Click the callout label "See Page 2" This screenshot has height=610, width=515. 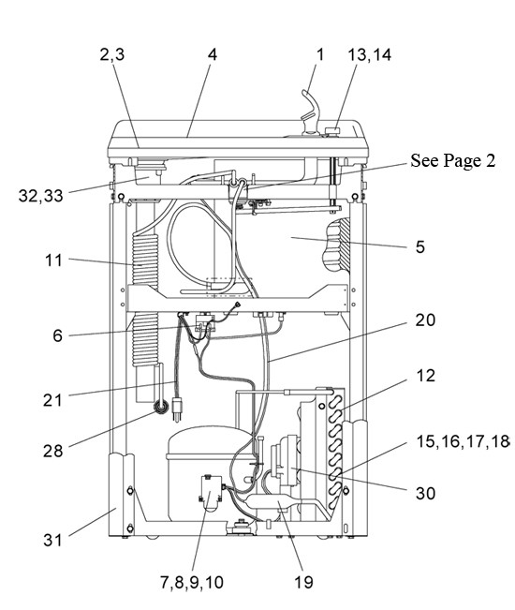pyautogui.click(x=453, y=160)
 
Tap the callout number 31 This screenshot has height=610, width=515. pyautogui.click(x=52, y=540)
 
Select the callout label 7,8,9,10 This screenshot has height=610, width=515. pyautogui.click(x=192, y=583)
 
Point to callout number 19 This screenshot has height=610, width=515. pyautogui.click(x=303, y=583)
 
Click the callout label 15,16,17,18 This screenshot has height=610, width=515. pyautogui.click(x=463, y=441)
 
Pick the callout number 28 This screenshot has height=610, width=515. pyautogui.click(x=52, y=451)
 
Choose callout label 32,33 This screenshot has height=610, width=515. pyautogui.click(x=40, y=196)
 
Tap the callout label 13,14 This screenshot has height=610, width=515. pyautogui.click(x=369, y=54)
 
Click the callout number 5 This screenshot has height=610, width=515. pyautogui.click(x=420, y=246)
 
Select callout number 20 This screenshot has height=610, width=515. pyautogui.click(x=425, y=320)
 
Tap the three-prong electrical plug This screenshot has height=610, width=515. pyautogui.click(x=177, y=409)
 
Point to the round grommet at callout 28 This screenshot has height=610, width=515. pyautogui.click(x=161, y=407)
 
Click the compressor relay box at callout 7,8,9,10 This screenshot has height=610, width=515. pyautogui.click(x=211, y=492)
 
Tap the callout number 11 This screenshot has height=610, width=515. pyautogui.click(x=53, y=260)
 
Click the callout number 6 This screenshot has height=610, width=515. pyautogui.click(x=57, y=335)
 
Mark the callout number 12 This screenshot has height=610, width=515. pyautogui.click(x=425, y=376)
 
